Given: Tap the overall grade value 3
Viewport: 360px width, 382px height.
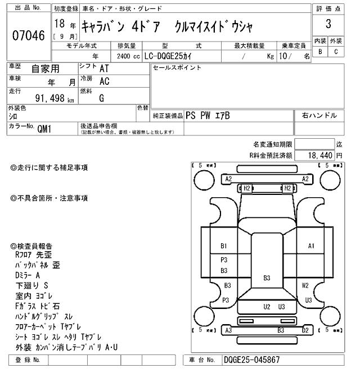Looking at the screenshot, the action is pos(328,24).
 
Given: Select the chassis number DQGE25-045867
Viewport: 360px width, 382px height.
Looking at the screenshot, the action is pos(251,360).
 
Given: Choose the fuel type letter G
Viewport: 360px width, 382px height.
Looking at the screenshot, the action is pos(101,98).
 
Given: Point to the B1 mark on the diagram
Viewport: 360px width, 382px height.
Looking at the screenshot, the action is pos(223,246).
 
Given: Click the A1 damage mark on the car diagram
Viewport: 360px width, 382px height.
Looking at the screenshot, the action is pos(311,246).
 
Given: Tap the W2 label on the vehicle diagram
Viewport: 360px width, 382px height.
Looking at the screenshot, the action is pos(305,285).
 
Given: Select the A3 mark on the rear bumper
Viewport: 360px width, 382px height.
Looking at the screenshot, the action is pos(228,330).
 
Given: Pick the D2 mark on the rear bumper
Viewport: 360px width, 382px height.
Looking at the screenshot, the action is pos(305,330).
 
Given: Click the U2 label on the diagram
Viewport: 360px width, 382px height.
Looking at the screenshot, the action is pos(267,307).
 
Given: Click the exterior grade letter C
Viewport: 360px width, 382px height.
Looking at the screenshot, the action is pos(336,52).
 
